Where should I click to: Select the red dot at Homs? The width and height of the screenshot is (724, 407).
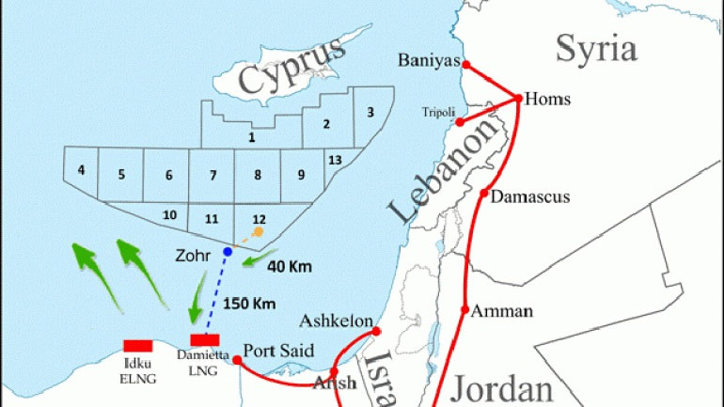pos(519,98)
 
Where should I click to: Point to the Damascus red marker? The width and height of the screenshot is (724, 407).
pos(484,196)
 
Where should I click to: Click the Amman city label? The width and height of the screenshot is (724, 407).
pos(502,311)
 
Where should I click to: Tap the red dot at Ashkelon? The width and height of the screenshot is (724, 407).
pos(376,331)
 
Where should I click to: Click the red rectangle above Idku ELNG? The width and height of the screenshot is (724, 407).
pos(138,346)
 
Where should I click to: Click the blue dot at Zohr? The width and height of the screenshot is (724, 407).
pos(228,252)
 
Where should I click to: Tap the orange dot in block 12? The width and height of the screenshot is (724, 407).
pos(259,230)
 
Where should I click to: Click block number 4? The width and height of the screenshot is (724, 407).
pos(82,170)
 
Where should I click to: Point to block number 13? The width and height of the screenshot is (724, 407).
pos(335,160)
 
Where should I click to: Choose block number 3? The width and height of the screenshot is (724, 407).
pos(370,113)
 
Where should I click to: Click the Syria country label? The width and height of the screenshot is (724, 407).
pos(596,47)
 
